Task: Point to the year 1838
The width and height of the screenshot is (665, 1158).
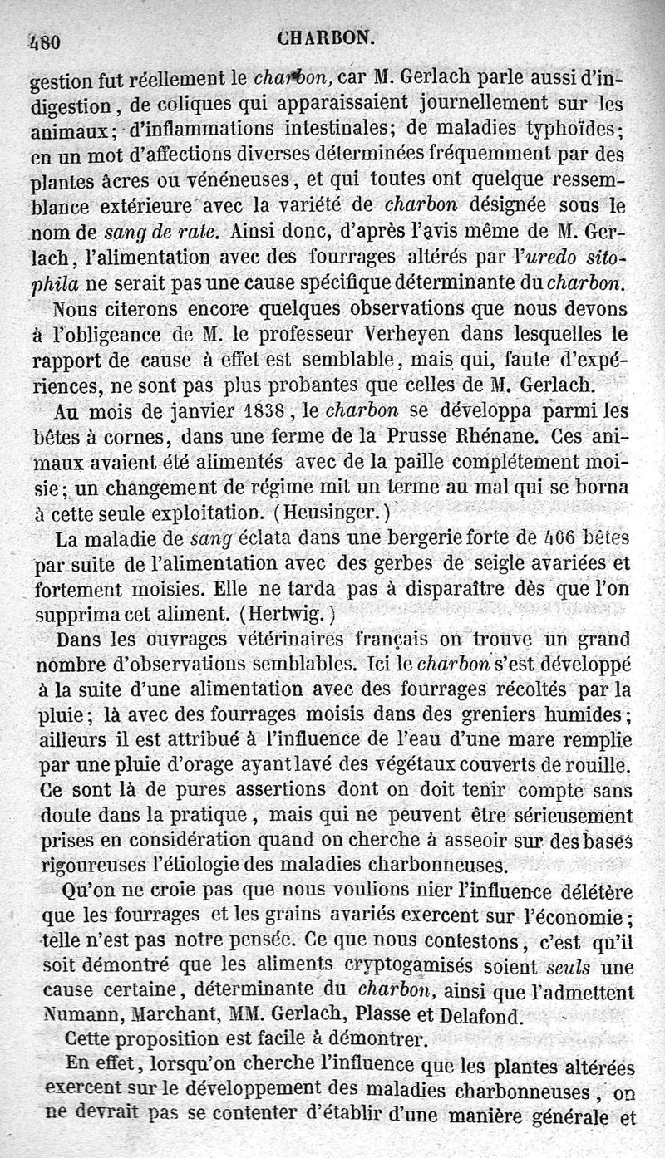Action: tap(256, 410)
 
